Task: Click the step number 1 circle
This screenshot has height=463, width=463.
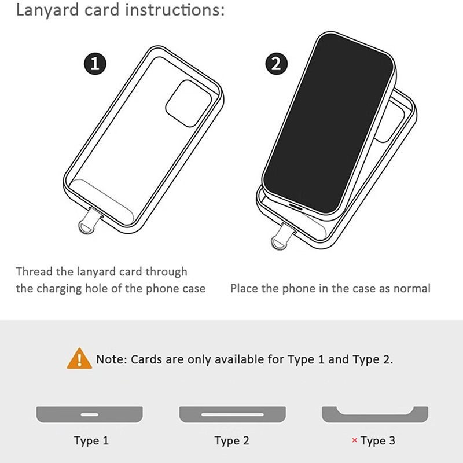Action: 95,64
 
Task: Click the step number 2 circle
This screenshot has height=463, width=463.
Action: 277,64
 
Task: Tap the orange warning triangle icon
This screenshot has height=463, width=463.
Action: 79,358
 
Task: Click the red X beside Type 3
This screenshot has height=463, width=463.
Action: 354,440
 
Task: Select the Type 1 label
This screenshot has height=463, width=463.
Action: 91,440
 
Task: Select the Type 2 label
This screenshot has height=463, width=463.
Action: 232,440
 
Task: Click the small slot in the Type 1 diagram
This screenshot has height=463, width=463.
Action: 90,414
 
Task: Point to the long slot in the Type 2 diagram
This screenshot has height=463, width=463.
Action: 233,414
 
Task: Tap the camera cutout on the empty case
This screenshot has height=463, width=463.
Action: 189,104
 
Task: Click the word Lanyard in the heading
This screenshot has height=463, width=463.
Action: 47,10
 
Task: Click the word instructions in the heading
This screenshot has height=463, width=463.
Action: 175,9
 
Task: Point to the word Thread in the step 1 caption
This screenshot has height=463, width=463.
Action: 34,271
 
